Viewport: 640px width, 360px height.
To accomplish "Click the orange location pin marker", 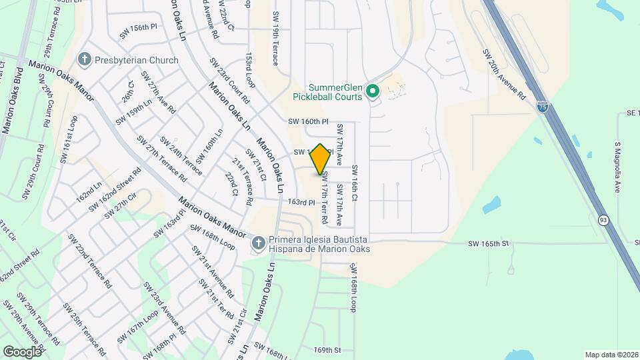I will tap(321, 159).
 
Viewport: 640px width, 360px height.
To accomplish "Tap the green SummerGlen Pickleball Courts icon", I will tap(373, 90).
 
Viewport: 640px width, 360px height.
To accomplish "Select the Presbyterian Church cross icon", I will tap(85, 60).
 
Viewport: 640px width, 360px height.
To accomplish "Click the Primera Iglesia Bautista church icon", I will tap(258, 244).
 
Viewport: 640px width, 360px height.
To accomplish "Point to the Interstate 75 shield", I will tap(545, 107).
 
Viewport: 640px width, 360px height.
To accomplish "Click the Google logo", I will tap(22, 351).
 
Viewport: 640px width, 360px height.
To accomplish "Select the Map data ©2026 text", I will tap(611, 355).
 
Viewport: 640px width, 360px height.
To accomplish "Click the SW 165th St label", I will tap(488, 245).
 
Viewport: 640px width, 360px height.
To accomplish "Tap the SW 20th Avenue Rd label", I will tap(504, 75).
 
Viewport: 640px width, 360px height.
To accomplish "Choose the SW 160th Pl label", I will tap(309, 122).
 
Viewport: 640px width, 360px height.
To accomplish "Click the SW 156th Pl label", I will tap(138, 30).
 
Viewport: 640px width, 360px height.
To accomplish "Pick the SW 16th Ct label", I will tap(355, 184).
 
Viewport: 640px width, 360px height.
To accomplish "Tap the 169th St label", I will tap(327, 350).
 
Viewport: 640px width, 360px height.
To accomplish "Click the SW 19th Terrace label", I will tap(275, 39).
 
